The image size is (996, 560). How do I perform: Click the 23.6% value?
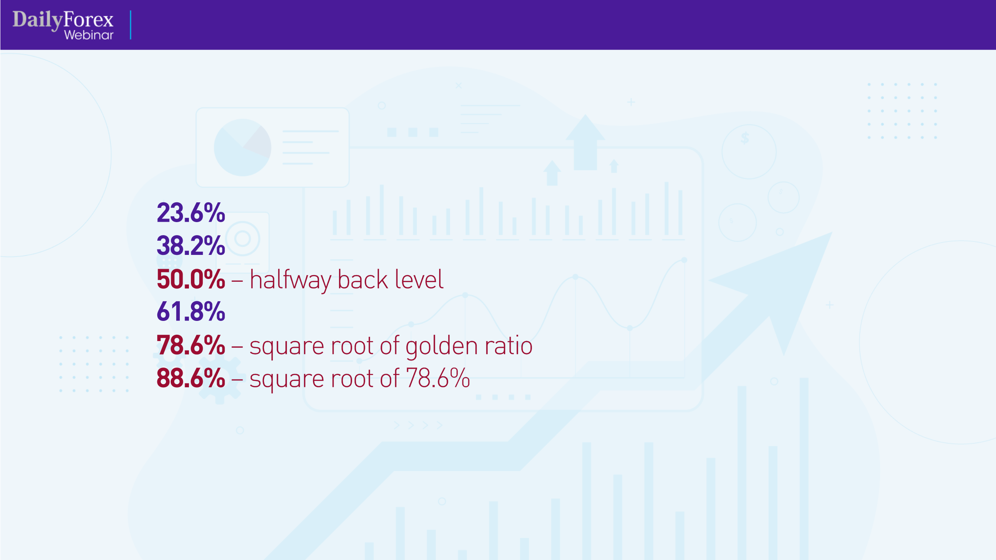(x=191, y=213)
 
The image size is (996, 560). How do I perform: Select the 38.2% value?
(x=191, y=245)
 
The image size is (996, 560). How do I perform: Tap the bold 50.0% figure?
(x=191, y=279)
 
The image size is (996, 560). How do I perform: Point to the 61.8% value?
(x=191, y=311)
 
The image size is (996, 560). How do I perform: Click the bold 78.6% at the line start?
(x=191, y=345)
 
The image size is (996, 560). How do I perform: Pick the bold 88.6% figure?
(x=191, y=378)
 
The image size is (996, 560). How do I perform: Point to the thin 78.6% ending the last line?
(x=438, y=378)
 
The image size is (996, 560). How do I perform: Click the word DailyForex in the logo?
(x=63, y=20)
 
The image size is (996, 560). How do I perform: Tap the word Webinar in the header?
(x=89, y=35)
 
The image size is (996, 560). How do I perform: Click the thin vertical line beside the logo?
(x=130, y=25)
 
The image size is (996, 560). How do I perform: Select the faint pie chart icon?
(x=242, y=147)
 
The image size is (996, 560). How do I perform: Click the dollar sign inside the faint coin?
(x=745, y=138)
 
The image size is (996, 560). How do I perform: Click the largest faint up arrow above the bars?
(x=585, y=143)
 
